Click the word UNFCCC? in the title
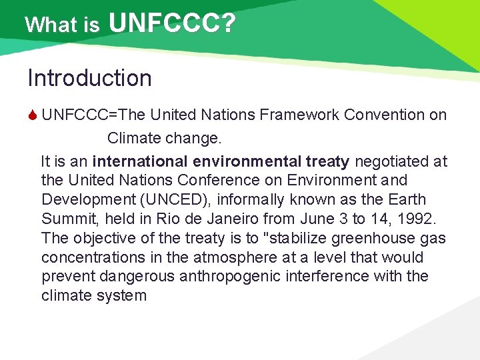point(172,24)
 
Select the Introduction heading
point(89,78)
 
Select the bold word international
point(140,161)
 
